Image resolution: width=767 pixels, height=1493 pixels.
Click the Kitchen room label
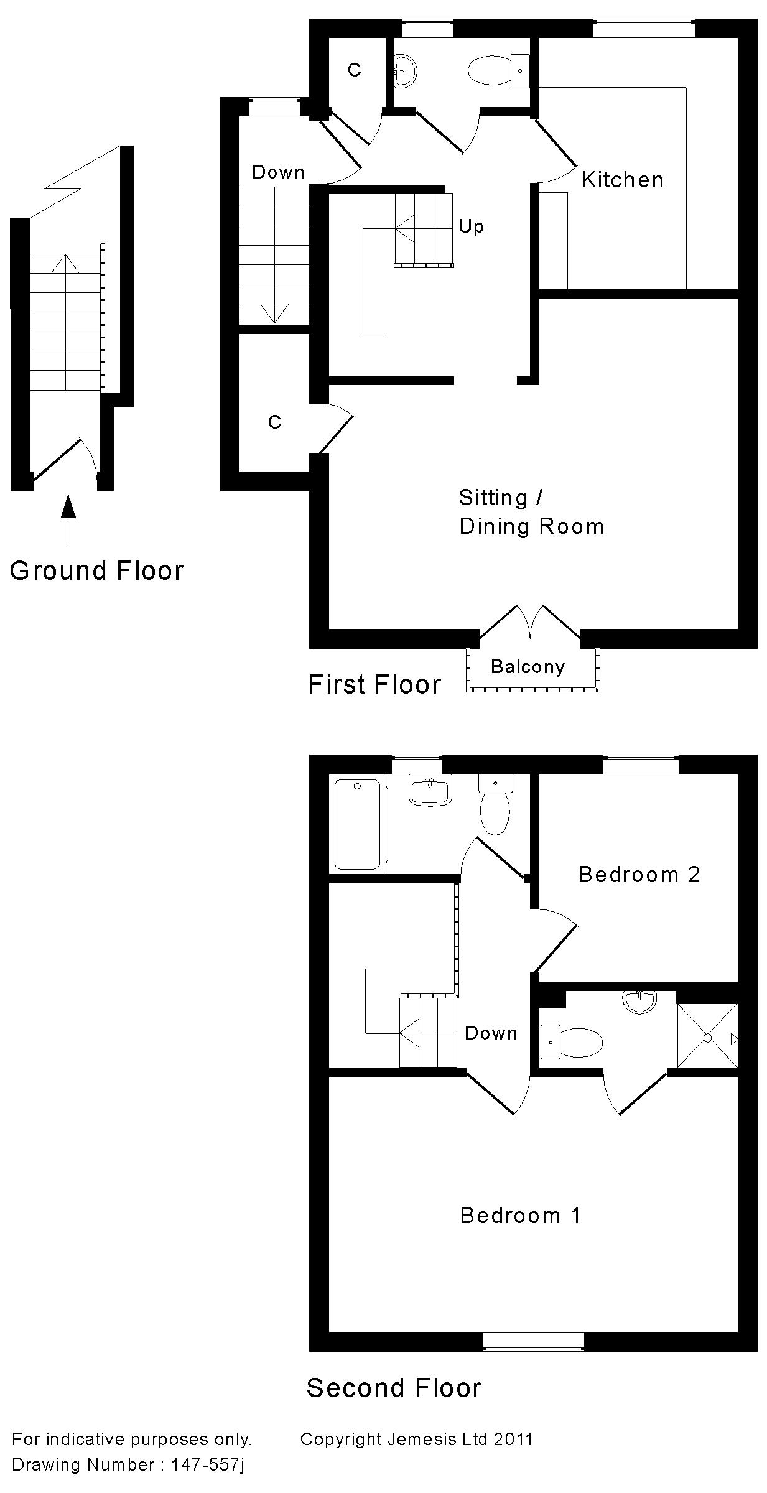pos(622,180)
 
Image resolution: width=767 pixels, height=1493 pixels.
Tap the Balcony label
pos(528,667)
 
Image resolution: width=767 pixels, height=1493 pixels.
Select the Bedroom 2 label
pos(639,875)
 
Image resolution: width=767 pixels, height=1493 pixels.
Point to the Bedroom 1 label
pos(520,1215)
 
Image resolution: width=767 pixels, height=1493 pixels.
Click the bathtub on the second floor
pos(357,824)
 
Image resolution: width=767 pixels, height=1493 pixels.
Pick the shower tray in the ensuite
pos(707,1038)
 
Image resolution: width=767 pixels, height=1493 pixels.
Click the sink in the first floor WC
pos(406,70)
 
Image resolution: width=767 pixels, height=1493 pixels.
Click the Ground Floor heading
pos(96,570)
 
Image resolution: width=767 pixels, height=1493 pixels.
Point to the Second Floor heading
pos(394,1388)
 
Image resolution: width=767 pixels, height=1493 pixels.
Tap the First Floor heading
pos(374,684)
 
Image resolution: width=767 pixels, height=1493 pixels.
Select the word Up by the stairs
pos(471,226)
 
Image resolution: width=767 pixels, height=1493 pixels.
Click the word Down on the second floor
pos(491,1033)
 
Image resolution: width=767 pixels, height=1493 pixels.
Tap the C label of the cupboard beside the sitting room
pos(274,422)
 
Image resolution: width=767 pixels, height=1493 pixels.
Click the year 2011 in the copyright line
pos(513,1440)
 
